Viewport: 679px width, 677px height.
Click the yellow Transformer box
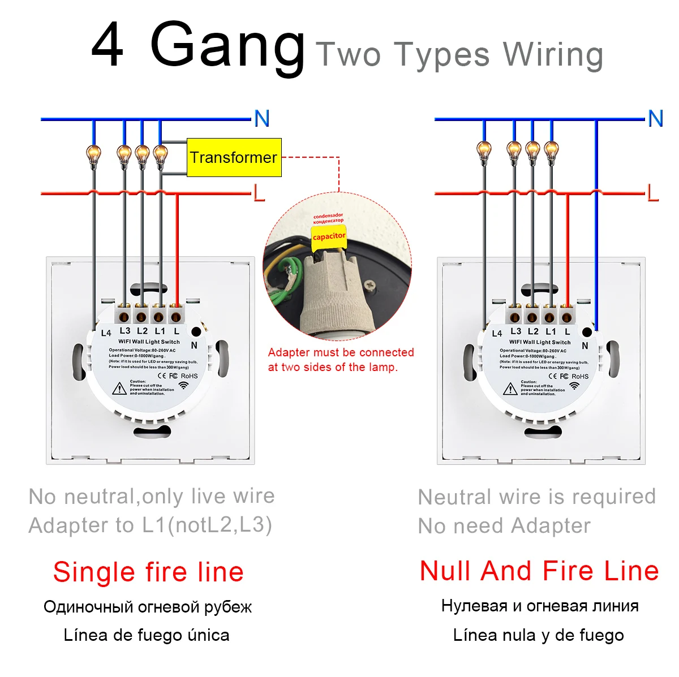click(234, 157)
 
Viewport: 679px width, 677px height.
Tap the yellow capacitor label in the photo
click(329, 236)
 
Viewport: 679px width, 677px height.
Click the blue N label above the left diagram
click(261, 119)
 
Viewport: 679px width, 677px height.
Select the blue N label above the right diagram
click(655, 119)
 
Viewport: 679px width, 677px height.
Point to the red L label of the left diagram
click(259, 193)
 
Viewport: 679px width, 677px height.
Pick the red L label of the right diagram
click(653, 193)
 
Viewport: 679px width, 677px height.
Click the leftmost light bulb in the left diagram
click(93, 154)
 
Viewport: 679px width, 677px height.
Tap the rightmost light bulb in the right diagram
click(551, 150)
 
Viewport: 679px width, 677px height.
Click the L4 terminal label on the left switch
click(106, 333)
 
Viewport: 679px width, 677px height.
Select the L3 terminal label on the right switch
click(515, 331)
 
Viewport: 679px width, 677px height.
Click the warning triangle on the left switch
click(119, 389)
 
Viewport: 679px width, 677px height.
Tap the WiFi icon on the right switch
click(574, 386)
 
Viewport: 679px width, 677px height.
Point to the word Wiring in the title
click(553, 55)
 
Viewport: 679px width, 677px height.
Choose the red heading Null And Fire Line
click(539, 571)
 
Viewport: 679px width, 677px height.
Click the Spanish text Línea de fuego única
click(147, 635)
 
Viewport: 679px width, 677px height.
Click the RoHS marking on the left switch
click(190, 376)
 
